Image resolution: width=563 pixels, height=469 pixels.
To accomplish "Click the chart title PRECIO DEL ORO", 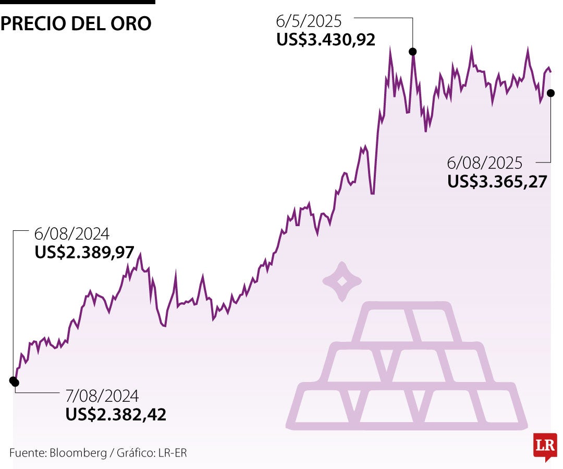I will point(76,23).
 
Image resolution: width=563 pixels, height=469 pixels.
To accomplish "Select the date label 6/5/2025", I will point(309,21).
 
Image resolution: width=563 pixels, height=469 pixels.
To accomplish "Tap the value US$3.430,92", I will point(326,40).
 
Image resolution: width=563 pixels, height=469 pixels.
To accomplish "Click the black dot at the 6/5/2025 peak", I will point(413,51).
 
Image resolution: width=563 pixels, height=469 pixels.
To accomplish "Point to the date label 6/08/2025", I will point(484,163).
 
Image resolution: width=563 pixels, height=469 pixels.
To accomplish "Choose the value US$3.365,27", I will point(497,181).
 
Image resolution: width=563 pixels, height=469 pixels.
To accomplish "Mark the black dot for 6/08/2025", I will point(551,93).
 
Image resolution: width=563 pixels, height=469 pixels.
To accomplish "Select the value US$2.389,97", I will point(84,252).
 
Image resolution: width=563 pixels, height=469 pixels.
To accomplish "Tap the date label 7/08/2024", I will point(102,396).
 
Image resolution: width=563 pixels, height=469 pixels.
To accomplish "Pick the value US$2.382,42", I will point(116,414).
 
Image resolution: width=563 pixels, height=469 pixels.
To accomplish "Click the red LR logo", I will point(545,446).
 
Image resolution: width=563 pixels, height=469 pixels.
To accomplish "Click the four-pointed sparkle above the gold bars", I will point(342,281).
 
